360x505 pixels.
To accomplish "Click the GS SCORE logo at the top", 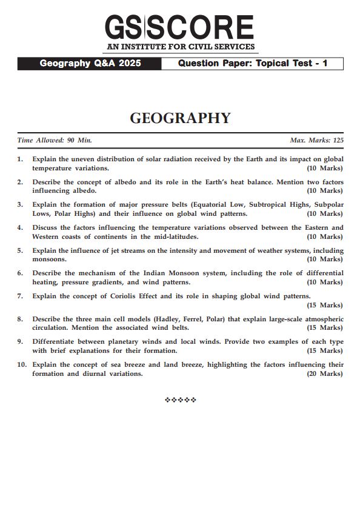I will click(179, 27).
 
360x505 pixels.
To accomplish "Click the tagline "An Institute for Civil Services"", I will click(179, 47).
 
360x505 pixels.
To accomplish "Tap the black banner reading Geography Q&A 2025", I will click(90, 63).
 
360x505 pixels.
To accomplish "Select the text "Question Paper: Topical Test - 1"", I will click(252, 63).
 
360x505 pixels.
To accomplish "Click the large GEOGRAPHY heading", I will click(180, 118).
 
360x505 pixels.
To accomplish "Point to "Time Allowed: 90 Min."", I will click(55, 140).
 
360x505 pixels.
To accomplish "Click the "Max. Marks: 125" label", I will click(316, 140).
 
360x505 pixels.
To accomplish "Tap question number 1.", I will click(20, 159).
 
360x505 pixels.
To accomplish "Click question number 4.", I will click(20, 228).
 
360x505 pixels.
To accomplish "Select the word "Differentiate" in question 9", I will click(56, 342).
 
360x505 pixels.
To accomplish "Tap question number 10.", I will click(22, 365).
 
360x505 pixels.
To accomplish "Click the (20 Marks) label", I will click(324, 373).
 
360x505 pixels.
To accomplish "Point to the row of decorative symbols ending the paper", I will click(180, 400).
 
